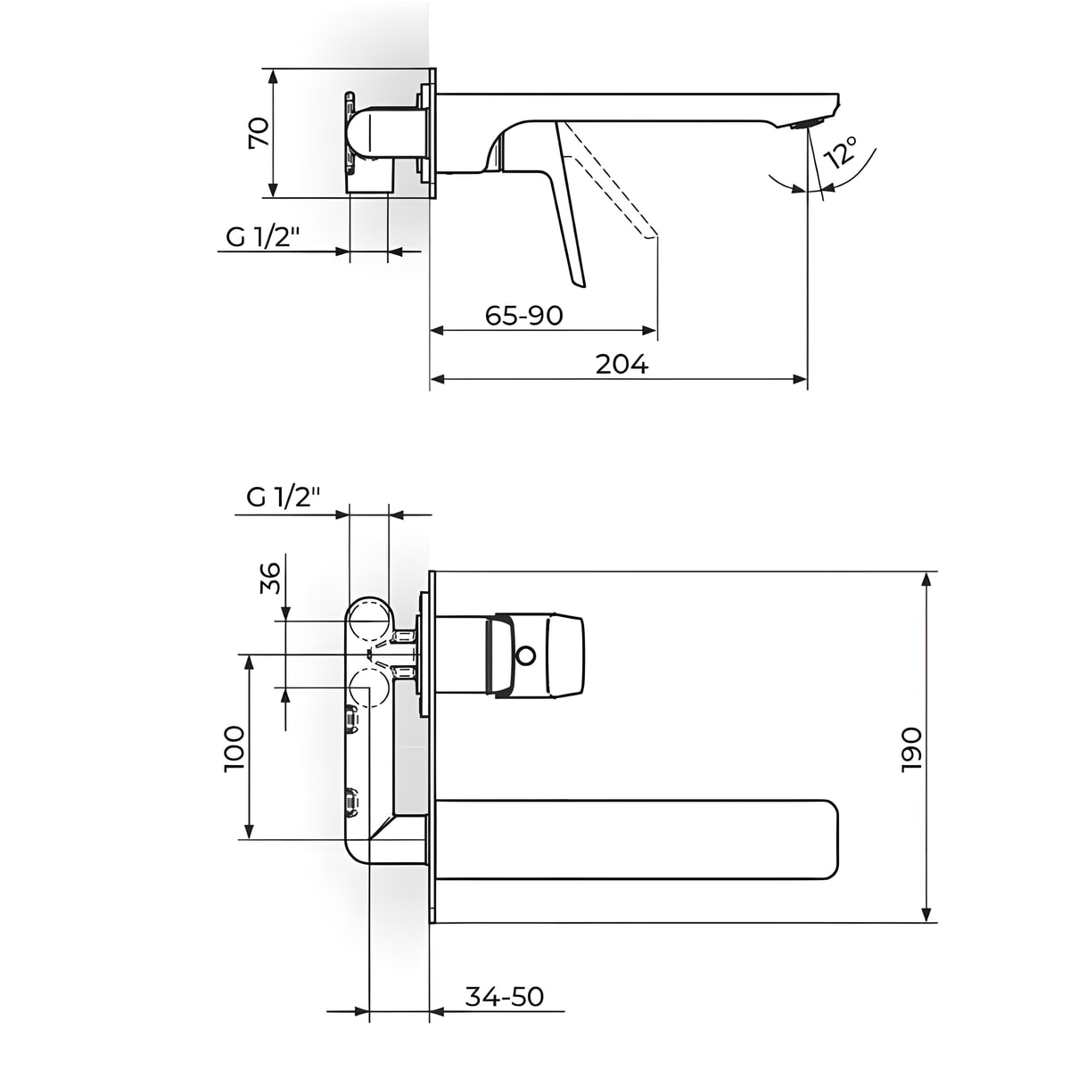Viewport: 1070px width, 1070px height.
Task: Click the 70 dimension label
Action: coord(259,132)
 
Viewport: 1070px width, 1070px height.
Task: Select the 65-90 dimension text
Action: coord(523,316)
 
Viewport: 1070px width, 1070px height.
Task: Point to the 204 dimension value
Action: coord(621,365)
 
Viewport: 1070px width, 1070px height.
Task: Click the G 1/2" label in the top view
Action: coord(262,238)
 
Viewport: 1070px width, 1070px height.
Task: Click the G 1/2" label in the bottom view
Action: coord(284,497)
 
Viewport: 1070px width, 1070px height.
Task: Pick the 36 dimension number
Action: coord(270,578)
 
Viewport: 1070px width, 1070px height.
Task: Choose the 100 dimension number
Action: coord(234,748)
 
